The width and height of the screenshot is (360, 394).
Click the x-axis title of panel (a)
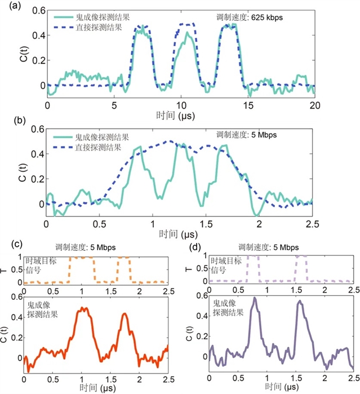180,114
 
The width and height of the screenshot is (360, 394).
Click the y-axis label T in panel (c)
6,269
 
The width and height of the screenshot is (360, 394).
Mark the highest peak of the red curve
84,308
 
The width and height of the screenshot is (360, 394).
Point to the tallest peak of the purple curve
254,298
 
